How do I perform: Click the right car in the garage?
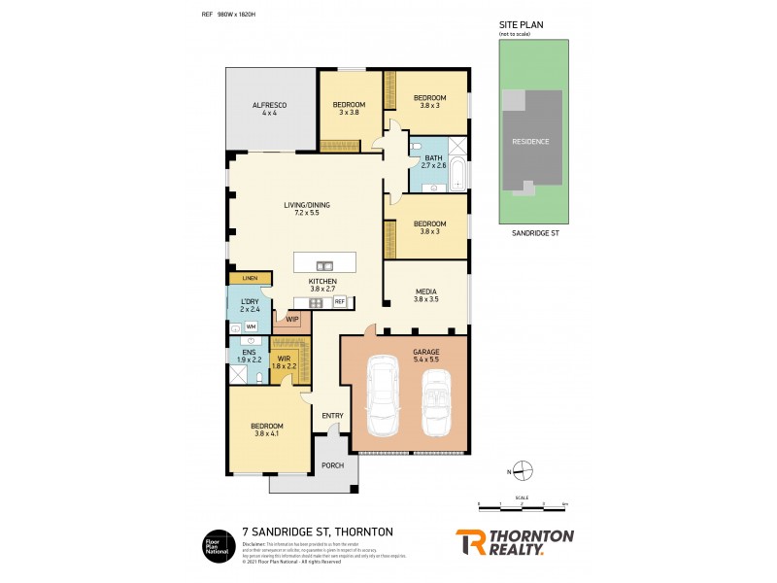[x=437, y=399]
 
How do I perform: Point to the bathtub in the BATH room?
[x=459, y=176]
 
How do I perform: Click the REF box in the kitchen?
[x=340, y=302]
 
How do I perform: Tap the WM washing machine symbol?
[x=250, y=326]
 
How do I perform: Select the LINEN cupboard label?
[x=250, y=279]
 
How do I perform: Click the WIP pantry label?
[x=292, y=318]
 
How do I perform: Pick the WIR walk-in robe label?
[x=285, y=361]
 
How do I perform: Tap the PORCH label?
[x=332, y=465]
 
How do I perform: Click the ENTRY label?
[x=332, y=416]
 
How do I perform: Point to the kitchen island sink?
[x=324, y=264]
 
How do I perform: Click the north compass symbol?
[x=523, y=471]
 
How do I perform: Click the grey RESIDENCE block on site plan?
[x=531, y=141]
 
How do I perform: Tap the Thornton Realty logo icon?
[x=470, y=541]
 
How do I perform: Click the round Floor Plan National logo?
[x=214, y=542]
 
